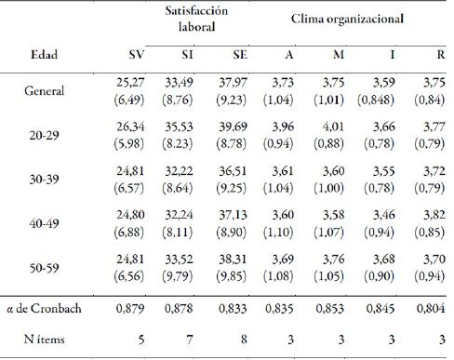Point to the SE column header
pyautogui.click(x=240, y=56)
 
